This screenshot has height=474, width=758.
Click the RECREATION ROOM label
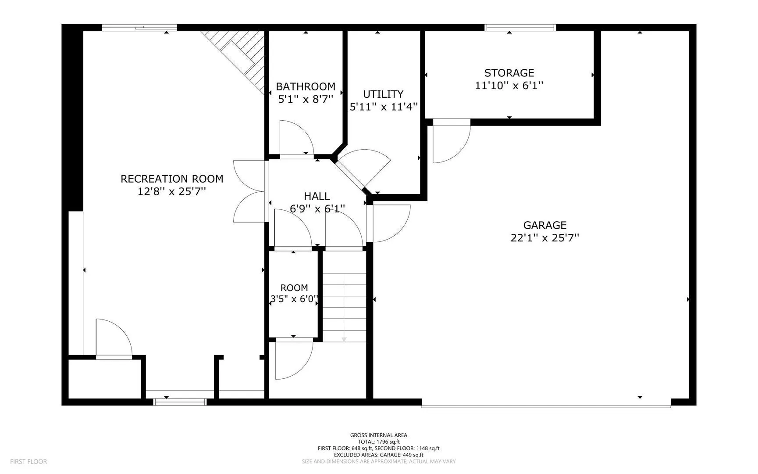point(172,179)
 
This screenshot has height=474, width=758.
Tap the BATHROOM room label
point(306,86)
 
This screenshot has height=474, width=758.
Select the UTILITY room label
point(383,94)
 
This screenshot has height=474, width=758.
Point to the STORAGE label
point(509,73)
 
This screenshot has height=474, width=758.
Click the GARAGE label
point(545,225)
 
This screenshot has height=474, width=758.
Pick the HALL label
point(317,196)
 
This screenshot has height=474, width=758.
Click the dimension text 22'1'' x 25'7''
point(545,238)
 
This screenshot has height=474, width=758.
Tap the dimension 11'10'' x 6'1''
point(509,85)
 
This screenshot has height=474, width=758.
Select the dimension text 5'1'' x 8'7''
point(306,99)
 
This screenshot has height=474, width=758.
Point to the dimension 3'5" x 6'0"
point(294,299)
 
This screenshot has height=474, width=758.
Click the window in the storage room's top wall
point(520,28)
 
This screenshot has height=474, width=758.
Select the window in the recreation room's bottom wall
point(180,402)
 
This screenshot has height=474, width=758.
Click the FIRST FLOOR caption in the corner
point(28,461)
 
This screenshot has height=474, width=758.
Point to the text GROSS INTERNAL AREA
point(379,435)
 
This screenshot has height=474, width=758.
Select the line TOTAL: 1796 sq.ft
point(379,442)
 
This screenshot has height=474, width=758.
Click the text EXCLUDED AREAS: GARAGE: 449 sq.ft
point(379,455)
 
